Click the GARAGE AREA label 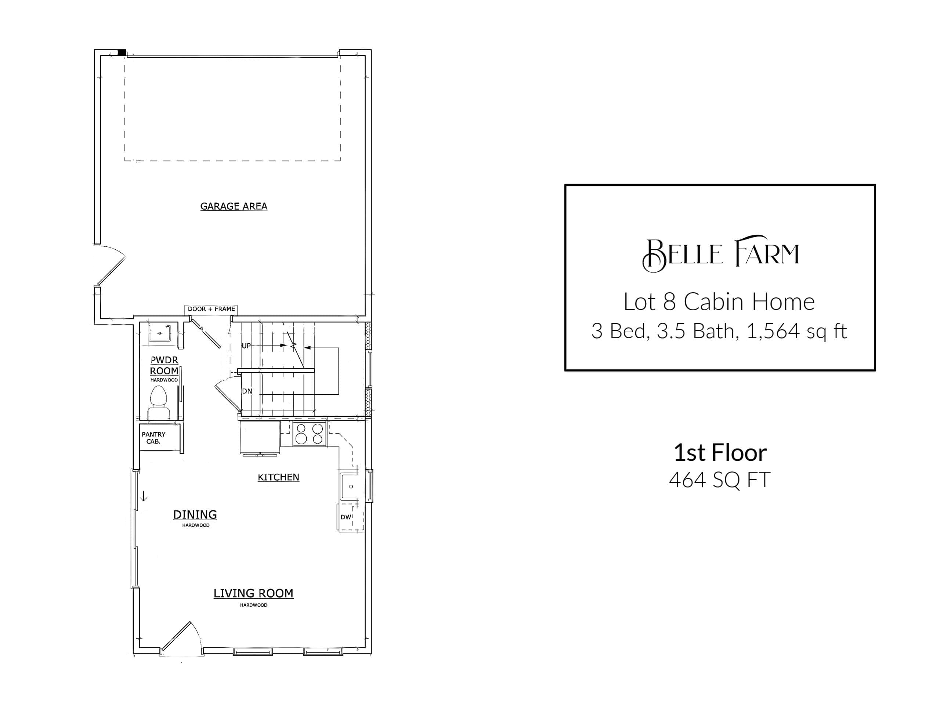click(234, 206)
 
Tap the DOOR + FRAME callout click(211, 309)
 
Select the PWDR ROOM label click(164, 365)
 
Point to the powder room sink click(160, 333)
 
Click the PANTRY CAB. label click(153, 438)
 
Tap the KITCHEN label click(278, 477)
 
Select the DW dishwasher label click(346, 517)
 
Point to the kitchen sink click(351, 486)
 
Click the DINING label click(195, 515)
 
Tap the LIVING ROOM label click(253, 593)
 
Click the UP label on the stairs click(246, 346)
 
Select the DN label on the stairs click(247, 391)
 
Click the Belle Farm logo click(720, 254)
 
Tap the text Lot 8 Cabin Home click(719, 302)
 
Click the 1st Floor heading click(720, 453)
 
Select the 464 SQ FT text click(719, 480)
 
